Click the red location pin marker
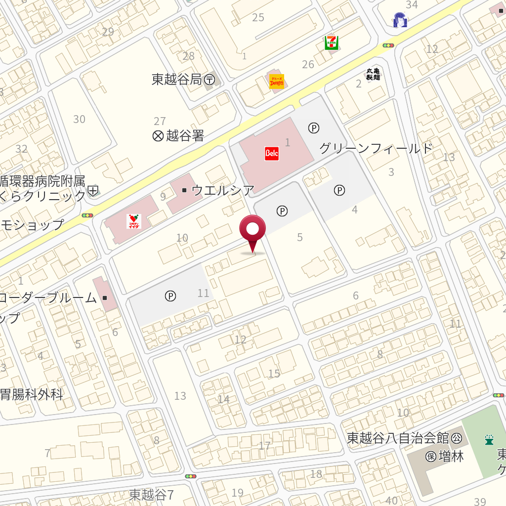click(x=253, y=230)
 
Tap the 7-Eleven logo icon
click(x=331, y=43)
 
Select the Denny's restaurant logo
click(x=277, y=81)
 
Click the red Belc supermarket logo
click(x=272, y=153)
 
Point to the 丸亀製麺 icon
click(x=373, y=74)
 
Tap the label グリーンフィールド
click(x=376, y=148)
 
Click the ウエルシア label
click(x=223, y=190)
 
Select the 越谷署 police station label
click(x=178, y=136)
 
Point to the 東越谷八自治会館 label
click(x=398, y=438)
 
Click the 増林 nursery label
click(x=445, y=456)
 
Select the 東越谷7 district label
click(x=152, y=495)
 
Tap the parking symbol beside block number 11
click(x=170, y=296)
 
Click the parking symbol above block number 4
click(x=339, y=190)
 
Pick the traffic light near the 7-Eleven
click(x=388, y=45)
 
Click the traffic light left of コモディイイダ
click(x=88, y=215)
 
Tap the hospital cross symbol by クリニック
click(x=93, y=190)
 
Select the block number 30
click(x=79, y=119)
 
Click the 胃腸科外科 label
click(x=32, y=395)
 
